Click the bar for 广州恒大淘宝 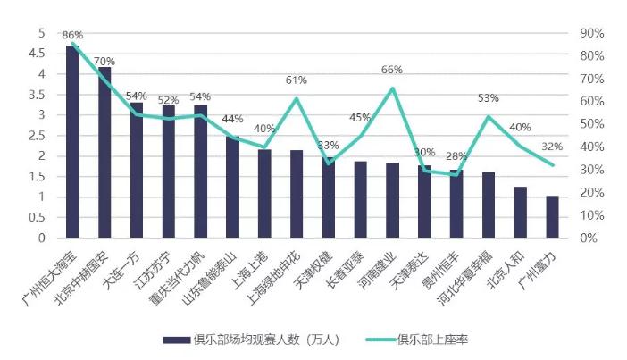(73, 141)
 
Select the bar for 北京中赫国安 (104, 152)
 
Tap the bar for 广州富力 (552, 217)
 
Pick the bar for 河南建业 (392, 200)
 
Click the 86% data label (72, 36)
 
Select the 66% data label (392, 70)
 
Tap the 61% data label (297, 80)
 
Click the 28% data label (456, 156)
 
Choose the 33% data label (328, 145)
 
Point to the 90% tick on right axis (592, 33)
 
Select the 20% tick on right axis (592, 193)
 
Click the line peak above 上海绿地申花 (297, 98)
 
